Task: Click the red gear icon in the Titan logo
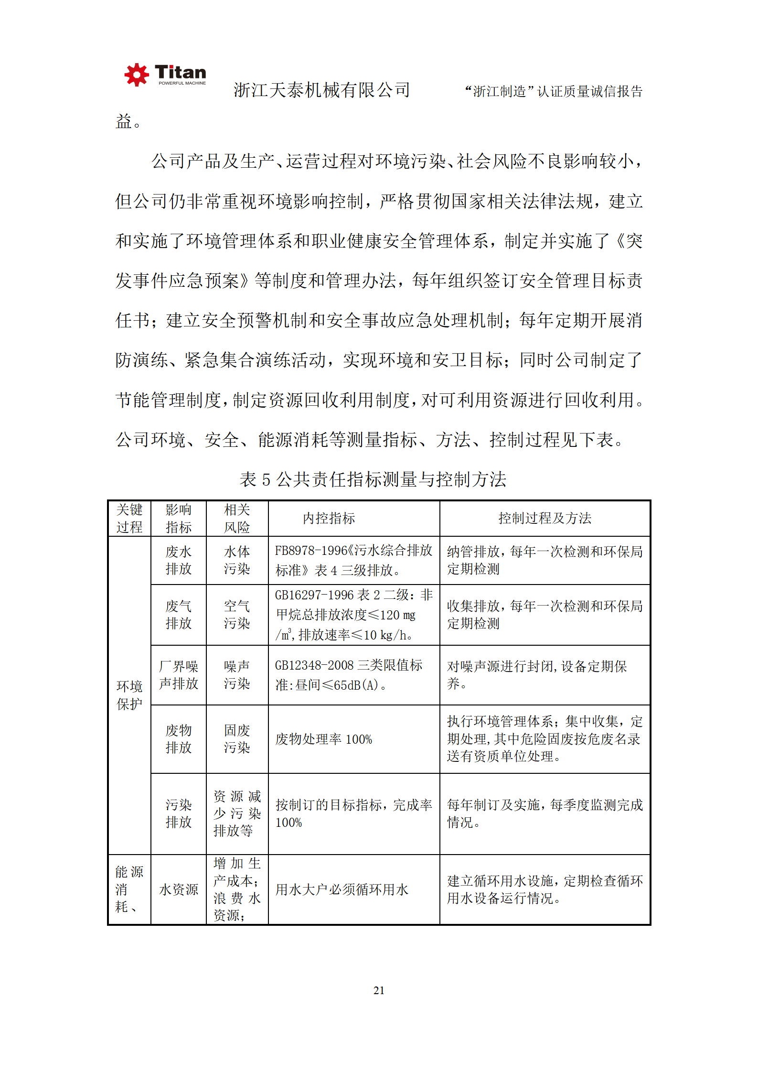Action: pyautogui.click(x=137, y=75)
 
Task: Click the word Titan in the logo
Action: pyautogui.click(x=181, y=72)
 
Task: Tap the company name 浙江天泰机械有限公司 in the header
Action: pyautogui.click(x=321, y=90)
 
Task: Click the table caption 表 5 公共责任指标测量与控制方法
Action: pyautogui.click(x=373, y=479)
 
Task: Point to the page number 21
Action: pyautogui.click(x=379, y=990)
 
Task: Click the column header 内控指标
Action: pyautogui.click(x=329, y=518)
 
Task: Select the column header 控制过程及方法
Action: pyautogui.click(x=544, y=518)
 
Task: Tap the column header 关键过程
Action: pyautogui.click(x=129, y=518)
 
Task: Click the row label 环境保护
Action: pyautogui.click(x=129, y=695)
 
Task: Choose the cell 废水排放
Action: pyautogui.click(x=178, y=560)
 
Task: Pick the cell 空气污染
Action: pyautogui.click(x=237, y=615)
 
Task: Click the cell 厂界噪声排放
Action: pyautogui.click(x=178, y=675)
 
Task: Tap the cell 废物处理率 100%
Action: pyautogui.click(x=323, y=739)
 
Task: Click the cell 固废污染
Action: pyautogui.click(x=237, y=739)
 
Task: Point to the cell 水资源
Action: pyautogui.click(x=178, y=889)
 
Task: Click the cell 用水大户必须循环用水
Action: pyautogui.click(x=342, y=889)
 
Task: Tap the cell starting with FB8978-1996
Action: pyautogui.click(x=353, y=560)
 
